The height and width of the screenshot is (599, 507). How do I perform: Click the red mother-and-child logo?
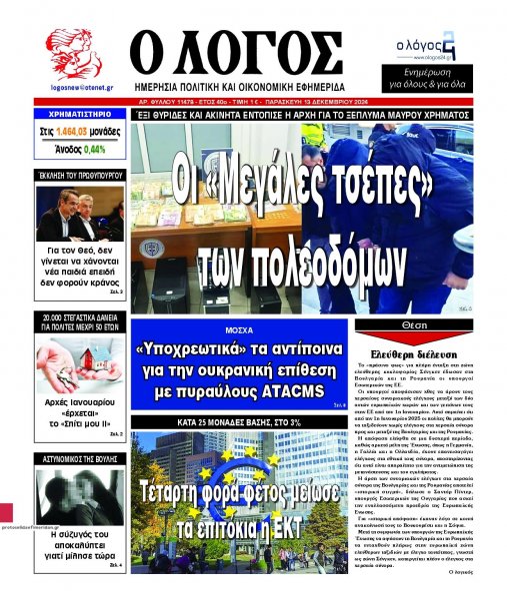pos(72,55)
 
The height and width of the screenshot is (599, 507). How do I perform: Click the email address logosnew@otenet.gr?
pos(73,89)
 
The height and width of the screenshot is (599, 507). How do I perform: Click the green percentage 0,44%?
pos(95,149)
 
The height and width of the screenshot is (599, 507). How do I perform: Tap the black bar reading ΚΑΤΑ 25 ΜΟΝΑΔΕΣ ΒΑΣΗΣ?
pos(240,422)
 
